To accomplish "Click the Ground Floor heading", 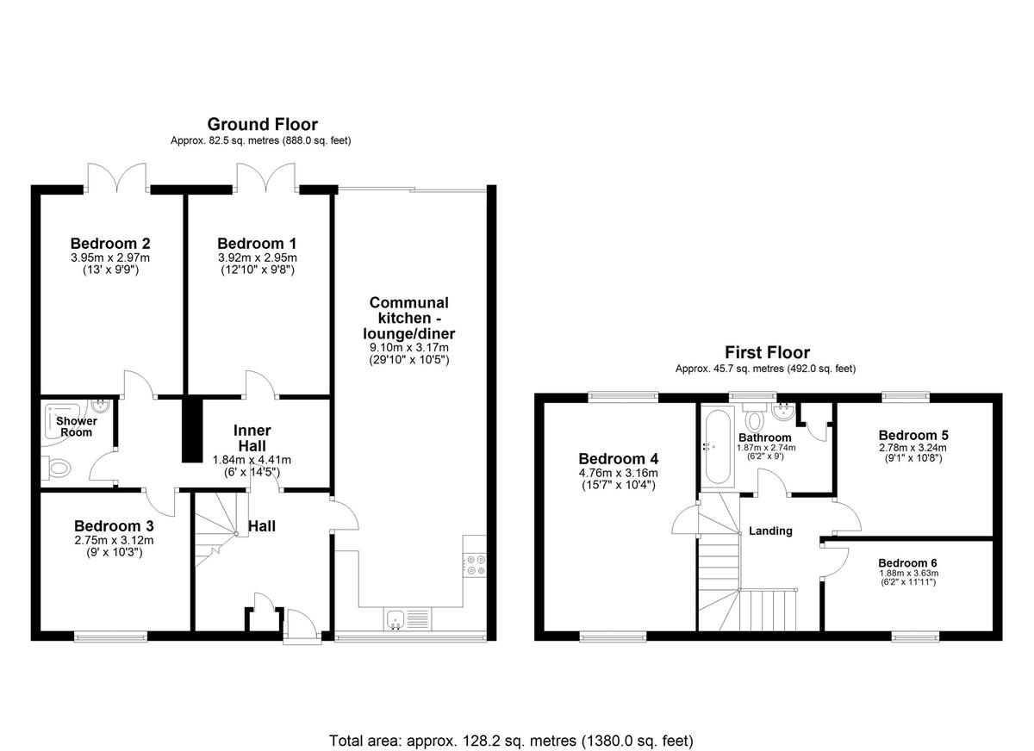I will (262, 125).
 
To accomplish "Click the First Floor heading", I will (767, 352).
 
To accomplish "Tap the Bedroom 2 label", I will (110, 243).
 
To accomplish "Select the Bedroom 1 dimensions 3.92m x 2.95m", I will (257, 258).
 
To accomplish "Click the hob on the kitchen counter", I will (475, 564).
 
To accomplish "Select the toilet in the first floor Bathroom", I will (755, 420).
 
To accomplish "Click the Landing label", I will (770, 531).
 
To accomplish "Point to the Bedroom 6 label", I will (908, 560).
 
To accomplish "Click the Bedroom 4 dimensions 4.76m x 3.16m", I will (618, 473).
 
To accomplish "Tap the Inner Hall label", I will (252, 437).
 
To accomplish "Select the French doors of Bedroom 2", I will (116, 177).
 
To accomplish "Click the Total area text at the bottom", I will (511, 740).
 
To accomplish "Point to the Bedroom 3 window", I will (110, 637).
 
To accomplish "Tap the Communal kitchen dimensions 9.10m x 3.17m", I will (409, 347).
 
